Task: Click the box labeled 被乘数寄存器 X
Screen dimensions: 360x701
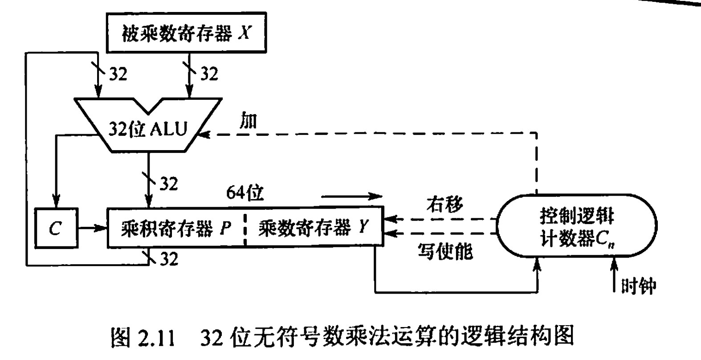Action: point(186,33)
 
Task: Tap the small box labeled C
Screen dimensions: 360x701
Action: point(55,228)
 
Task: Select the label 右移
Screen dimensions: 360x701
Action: point(444,204)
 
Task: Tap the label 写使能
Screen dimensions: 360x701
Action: point(444,252)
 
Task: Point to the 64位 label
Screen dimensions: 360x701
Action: point(245,193)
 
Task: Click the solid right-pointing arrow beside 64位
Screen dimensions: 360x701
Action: point(352,196)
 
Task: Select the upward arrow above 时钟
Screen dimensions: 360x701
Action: point(615,274)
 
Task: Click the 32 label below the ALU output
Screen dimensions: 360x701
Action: point(168,183)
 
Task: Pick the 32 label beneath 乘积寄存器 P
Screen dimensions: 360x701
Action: point(168,258)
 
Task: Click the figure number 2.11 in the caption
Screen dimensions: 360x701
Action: point(155,338)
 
